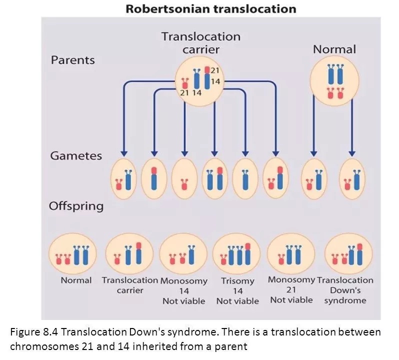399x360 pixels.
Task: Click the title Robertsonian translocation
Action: pos(210,9)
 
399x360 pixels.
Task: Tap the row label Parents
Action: pos(73,60)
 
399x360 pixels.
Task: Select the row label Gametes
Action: pos(76,155)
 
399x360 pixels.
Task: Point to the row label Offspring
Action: pos(76,206)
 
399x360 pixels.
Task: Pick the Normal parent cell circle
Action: pos(334,80)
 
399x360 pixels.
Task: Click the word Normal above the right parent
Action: pos(334,49)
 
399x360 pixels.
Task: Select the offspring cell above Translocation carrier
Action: pos(129,254)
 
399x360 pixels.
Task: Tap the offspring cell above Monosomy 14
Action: pos(183,254)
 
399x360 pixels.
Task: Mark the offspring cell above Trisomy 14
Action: pos(237,254)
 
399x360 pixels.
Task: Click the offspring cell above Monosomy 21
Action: pos(291,254)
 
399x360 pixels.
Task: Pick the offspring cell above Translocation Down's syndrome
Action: pos(348,254)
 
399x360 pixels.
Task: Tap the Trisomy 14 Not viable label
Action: pos(237,291)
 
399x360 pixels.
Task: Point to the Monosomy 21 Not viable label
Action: pos(291,289)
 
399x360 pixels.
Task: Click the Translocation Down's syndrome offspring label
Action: pos(345,290)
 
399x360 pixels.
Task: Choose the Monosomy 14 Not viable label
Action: pos(183,291)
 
